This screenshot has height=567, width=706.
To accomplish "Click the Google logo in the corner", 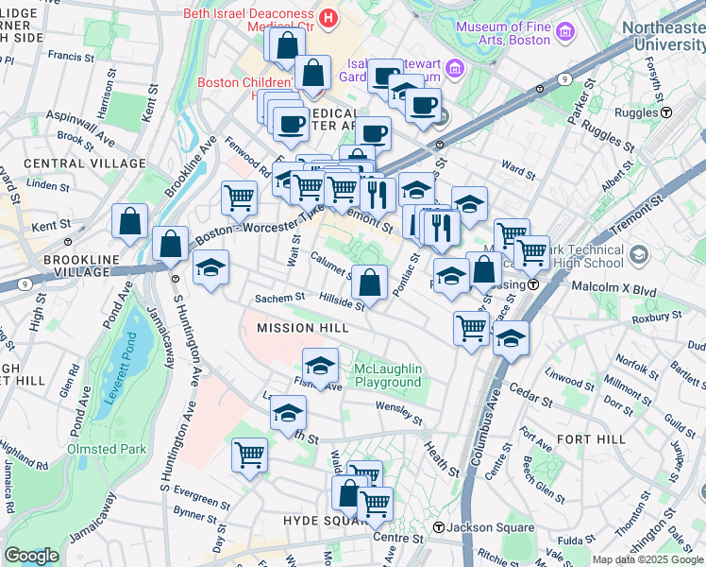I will [x=31, y=556].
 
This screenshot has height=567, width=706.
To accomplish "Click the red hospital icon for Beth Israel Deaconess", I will [x=328, y=16].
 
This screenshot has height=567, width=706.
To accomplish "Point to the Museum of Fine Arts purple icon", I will [x=565, y=34].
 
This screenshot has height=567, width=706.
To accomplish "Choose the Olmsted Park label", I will [x=106, y=449].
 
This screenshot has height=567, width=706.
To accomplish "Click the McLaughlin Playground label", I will [x=387, y=375].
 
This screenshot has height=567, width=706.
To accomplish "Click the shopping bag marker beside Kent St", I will [x=129, y=221].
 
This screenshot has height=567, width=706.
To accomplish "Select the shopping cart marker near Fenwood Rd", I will [x=239, y=198].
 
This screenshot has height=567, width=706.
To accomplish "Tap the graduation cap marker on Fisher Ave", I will [x=321, y=365].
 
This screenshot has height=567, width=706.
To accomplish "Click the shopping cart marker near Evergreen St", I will [x=250, y=455].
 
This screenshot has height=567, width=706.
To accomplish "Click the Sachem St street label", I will [x=279, y=298].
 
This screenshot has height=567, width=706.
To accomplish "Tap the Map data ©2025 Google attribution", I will [x=647, y=559].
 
